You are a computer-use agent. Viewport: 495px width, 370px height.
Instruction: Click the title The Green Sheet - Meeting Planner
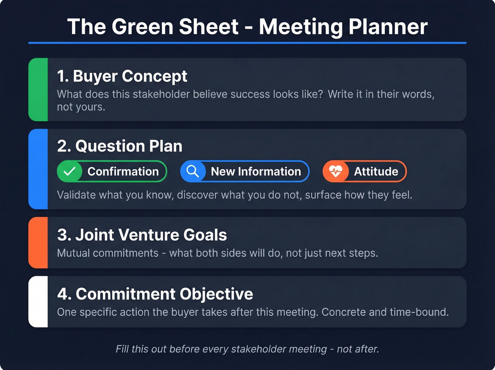248,27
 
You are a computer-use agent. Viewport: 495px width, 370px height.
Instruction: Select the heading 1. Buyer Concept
122,76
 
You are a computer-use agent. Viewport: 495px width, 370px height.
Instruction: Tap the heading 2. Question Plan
120,146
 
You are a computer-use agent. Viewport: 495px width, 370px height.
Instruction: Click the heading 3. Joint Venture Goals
142,235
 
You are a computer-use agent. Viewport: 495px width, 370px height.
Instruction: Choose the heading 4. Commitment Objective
155,294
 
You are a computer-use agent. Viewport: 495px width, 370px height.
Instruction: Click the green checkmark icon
70,171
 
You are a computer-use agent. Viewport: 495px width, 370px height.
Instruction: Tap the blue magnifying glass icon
193,171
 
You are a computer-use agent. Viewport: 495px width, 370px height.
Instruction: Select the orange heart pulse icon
336,171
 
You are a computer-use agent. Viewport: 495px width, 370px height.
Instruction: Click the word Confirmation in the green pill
123,171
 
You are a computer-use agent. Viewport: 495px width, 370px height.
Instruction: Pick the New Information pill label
256,171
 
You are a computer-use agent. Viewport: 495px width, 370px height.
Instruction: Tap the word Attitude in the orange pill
376,171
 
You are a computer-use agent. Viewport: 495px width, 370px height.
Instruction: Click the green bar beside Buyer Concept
38,90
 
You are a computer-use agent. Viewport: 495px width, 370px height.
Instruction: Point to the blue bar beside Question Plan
38,169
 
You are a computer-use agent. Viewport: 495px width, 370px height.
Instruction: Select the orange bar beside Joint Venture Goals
38,243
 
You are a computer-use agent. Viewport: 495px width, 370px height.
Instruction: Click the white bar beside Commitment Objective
38,302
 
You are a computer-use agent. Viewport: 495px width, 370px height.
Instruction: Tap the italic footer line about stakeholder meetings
247,349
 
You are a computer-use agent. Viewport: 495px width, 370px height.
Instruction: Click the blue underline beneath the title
248,43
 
